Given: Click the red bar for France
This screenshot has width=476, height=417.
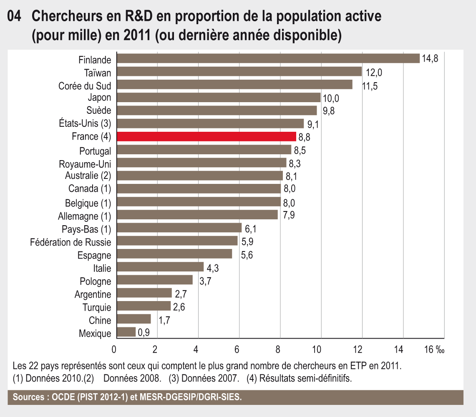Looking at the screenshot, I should point(207,137).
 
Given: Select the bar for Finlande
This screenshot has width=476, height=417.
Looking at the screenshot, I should point(268,58).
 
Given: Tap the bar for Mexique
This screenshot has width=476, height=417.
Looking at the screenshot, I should point(126,332).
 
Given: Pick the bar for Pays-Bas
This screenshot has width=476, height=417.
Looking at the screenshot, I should point(179,228).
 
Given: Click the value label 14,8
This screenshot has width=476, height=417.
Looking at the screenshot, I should point(430,58).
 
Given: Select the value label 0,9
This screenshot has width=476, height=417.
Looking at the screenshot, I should point(144,333).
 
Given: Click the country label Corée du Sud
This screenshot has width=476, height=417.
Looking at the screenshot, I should point(85,85).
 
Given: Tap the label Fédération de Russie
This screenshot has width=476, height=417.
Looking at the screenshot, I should point(71,242).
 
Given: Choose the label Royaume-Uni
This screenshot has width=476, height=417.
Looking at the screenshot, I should point(85,163).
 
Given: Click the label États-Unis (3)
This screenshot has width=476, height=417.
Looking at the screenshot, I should point(85,123).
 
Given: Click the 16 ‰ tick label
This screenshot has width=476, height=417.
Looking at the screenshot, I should point(434,349).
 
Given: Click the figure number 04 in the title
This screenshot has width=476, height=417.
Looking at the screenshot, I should point(15,17).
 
